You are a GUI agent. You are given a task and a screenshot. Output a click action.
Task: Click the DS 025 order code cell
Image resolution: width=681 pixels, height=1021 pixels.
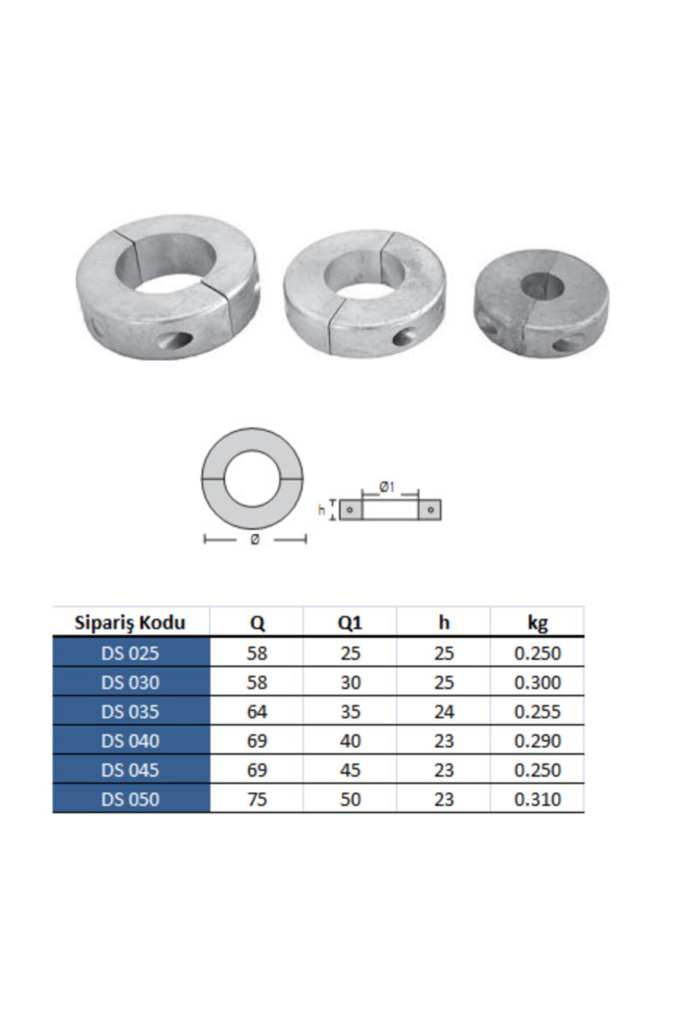(x=131, y=653)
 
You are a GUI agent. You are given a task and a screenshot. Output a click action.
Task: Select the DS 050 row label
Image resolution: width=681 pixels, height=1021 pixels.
(x=131, y=799)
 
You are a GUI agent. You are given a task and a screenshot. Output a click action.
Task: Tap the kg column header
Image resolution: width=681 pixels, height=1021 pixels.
(x=537, y=623)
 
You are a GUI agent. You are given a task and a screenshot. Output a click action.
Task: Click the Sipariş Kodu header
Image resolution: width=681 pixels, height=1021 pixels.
(x=130, y=623)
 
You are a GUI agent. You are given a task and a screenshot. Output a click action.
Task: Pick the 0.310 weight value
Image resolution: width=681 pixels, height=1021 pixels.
(x=537, y=799)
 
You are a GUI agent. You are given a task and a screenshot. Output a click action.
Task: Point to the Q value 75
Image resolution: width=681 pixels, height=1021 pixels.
(x=257, y=799)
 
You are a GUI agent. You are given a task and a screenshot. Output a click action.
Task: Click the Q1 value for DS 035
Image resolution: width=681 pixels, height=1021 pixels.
(x=350, y=711)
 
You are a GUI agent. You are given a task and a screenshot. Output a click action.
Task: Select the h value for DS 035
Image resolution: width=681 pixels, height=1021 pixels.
(x=444, y=711)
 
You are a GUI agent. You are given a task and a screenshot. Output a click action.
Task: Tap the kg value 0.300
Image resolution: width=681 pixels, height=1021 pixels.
(x=537, y=682)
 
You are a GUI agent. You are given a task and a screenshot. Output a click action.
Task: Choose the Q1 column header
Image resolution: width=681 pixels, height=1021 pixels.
(x=350, y=623)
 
